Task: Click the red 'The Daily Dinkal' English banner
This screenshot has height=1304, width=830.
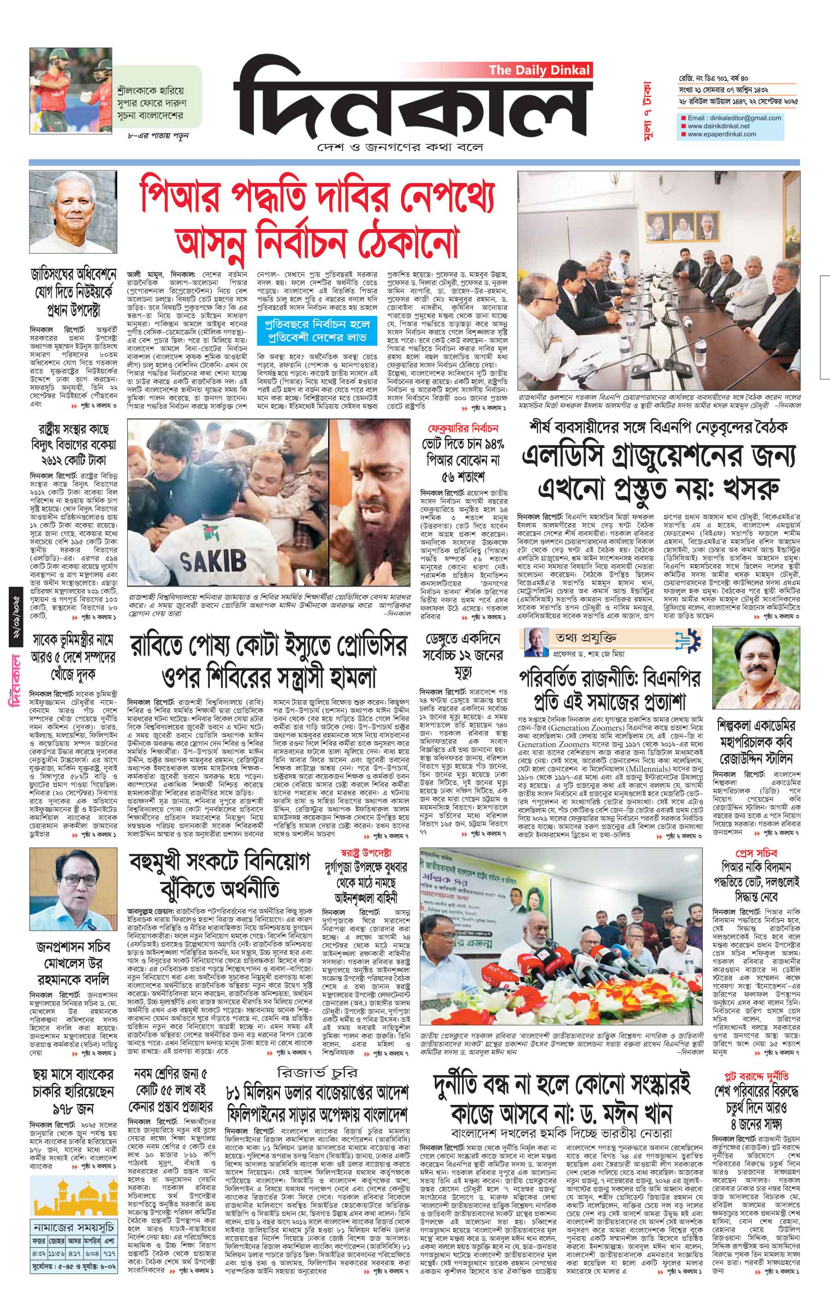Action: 539,71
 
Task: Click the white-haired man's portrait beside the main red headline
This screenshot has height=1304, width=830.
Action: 74,212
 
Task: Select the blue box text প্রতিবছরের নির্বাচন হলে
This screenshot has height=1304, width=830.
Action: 317,325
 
